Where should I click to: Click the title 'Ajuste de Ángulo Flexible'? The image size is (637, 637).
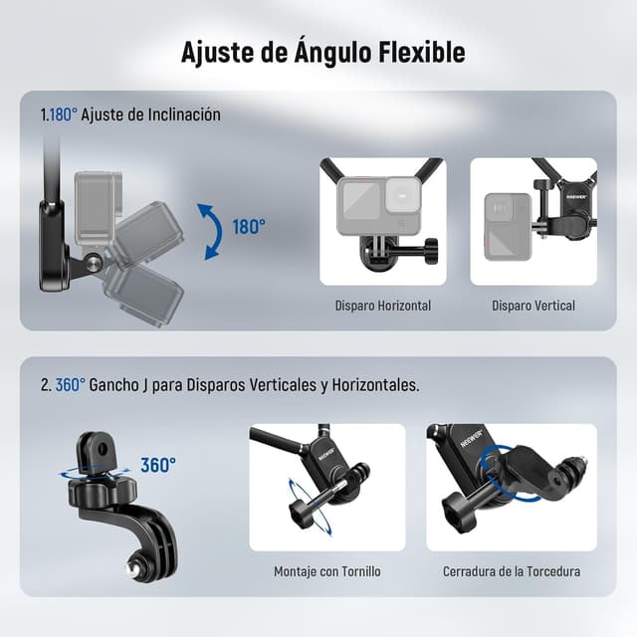pyautogui.click(x=322, y=53)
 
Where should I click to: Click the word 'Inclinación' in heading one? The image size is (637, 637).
pyautogui.click(x=184, y=115)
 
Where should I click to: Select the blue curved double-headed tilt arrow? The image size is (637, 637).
pyautogui.click(x=209, y=231)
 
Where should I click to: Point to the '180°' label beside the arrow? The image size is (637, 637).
pyautogui.click(x=249, y=227)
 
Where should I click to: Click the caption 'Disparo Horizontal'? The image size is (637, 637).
pyautogui.click(x=383, y=306)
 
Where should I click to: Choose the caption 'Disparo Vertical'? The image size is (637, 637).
pyautogui.click(x=533, y=306)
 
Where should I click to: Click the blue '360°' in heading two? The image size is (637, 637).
pyautogui.click(x=70, y=384)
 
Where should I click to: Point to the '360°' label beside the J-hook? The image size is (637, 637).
pyautogui.click(x=157, y=465)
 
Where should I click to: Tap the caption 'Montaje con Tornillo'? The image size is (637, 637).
pyautogui.click(x=327, y=572)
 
